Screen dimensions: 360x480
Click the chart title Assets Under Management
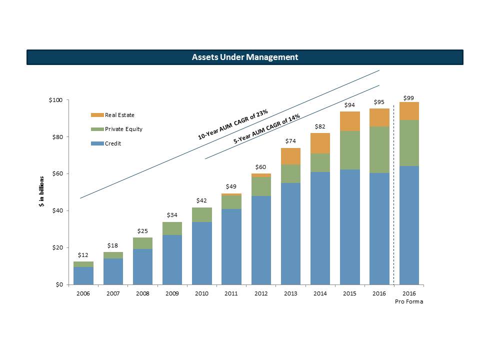tap(245, 57)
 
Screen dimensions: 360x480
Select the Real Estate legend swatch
tap(97, 115)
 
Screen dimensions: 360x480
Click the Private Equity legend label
tap(123, 129)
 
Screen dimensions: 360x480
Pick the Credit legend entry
tap(112, 143)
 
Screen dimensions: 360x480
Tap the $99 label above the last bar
tap(408, 97)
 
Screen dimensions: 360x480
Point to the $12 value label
tap(83, 255)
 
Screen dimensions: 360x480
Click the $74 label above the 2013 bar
tap(290, 141)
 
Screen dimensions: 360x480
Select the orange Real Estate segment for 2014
tap(320, 143)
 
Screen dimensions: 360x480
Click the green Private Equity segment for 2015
tap(349, 150)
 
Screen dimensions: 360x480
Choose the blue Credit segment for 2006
tap(83, 275)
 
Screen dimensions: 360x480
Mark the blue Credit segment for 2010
tap(201, 253)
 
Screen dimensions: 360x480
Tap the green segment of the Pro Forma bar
tap(408, 143)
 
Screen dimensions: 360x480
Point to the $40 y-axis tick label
tap(56, 211)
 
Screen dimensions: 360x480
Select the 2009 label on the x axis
tap(172, 293)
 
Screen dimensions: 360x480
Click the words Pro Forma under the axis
tap(409, 301)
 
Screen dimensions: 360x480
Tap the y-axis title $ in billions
tap(43, 193)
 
